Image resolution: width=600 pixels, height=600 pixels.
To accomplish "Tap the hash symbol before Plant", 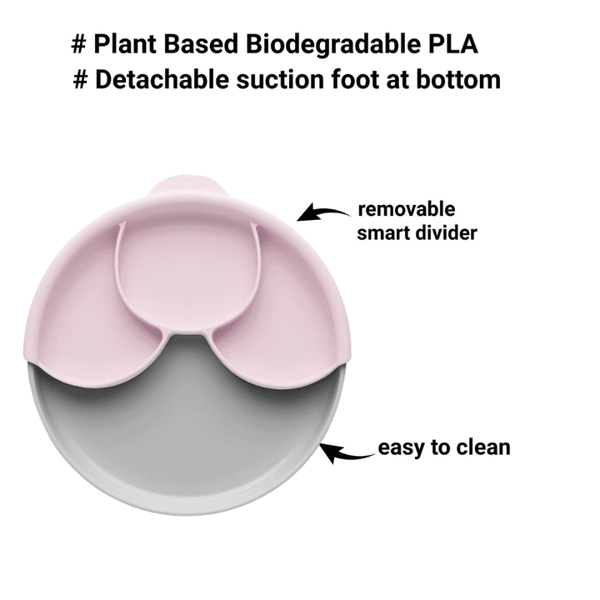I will coord(81,44).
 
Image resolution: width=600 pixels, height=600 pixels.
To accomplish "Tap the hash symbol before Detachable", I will coord(81,80).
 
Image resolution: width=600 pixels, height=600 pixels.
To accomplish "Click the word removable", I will coord(406,209).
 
